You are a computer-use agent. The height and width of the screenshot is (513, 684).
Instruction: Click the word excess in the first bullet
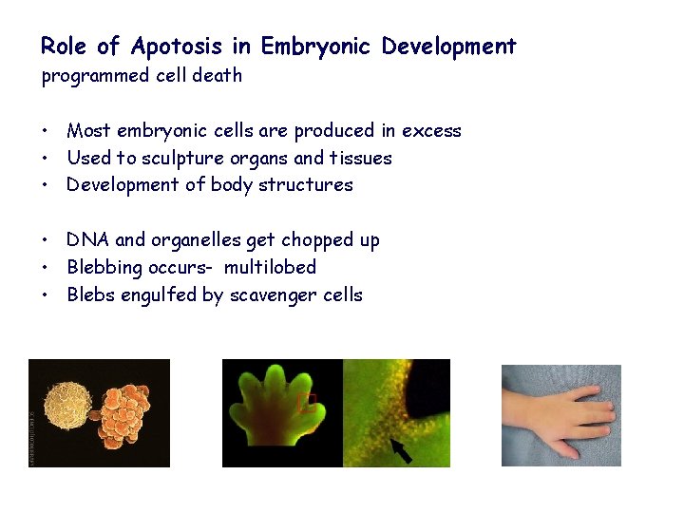[431, 130]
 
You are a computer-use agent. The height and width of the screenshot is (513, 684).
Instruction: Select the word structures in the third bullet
[310, 184]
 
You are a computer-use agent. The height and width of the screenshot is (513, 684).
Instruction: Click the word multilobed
[270, 267]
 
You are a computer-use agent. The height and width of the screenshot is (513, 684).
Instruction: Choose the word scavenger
[274, 294]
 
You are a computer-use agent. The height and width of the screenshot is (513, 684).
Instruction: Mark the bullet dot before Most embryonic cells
[46, 131]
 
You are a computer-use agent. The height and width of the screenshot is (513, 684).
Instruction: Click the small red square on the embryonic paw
[307, 403]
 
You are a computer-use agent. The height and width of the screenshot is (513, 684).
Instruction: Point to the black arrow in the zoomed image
[401, 448]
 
